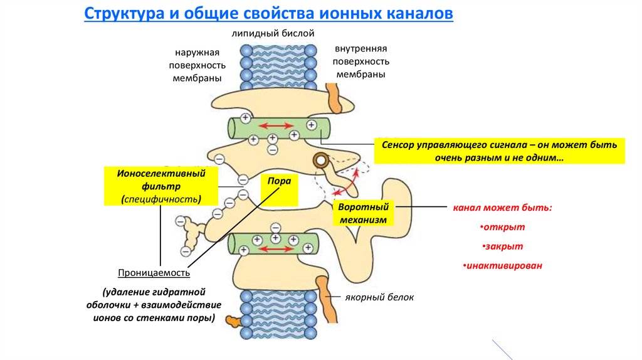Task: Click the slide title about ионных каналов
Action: [x=268, y=14]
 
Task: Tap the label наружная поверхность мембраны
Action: [x=197, y=65]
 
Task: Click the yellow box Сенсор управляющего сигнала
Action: [x=498, y=151]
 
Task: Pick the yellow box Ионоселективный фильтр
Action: [x=161, y=186]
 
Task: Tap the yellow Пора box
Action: [x=279, y=181]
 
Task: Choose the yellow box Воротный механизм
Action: [x=364, y=213]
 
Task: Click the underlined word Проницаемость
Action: [x=154, y=273]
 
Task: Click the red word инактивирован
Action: [x=503, y=266]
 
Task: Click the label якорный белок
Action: [x=379, y=297]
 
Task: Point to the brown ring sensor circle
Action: [x=321, y=160]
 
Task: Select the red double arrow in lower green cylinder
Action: [x=275, y=248]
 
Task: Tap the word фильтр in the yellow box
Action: [x=161, y=186]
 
